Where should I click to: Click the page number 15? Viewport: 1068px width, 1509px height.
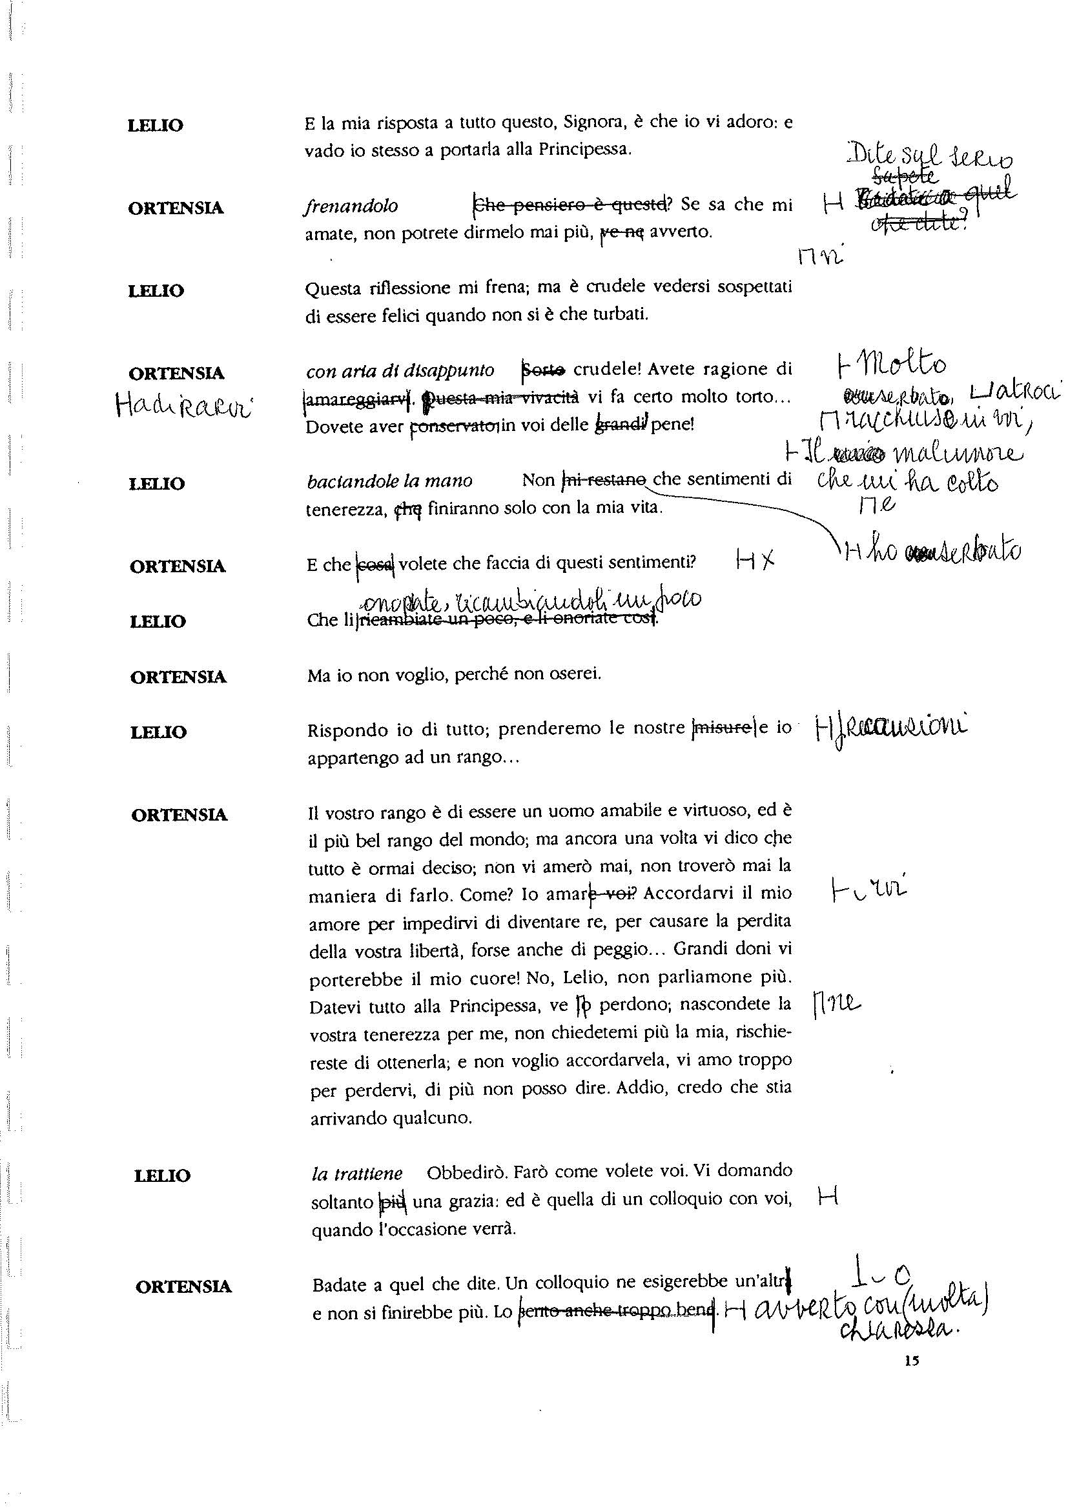point(911,1362)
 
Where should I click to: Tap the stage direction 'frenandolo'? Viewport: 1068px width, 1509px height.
point(351,206)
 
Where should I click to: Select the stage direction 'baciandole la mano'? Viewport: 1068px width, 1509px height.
point(389,481)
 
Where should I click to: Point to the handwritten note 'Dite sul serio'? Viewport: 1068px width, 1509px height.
point(930,157)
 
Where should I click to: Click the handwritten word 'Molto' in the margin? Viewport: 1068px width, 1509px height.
point(911,365)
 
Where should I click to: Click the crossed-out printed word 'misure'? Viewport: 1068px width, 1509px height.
point(724,728)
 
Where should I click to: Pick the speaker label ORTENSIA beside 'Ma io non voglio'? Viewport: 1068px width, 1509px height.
point(178,677)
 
